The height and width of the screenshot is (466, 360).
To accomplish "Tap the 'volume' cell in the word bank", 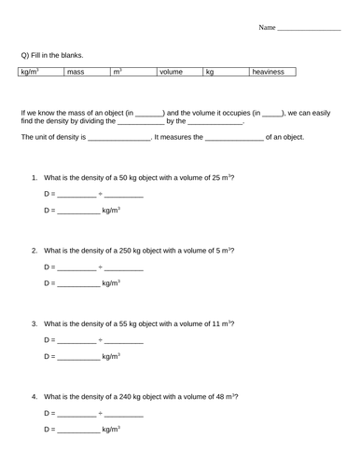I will point(171,71).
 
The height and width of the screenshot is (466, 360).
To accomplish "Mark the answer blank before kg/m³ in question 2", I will point(77,284).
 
